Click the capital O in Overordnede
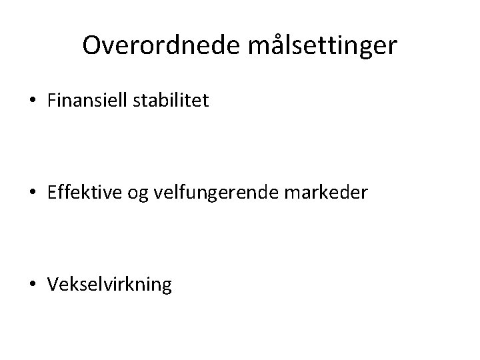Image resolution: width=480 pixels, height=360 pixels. point(92,45)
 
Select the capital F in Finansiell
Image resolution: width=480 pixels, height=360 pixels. point(52,102)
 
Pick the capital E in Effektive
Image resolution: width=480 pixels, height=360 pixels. point(52,194)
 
